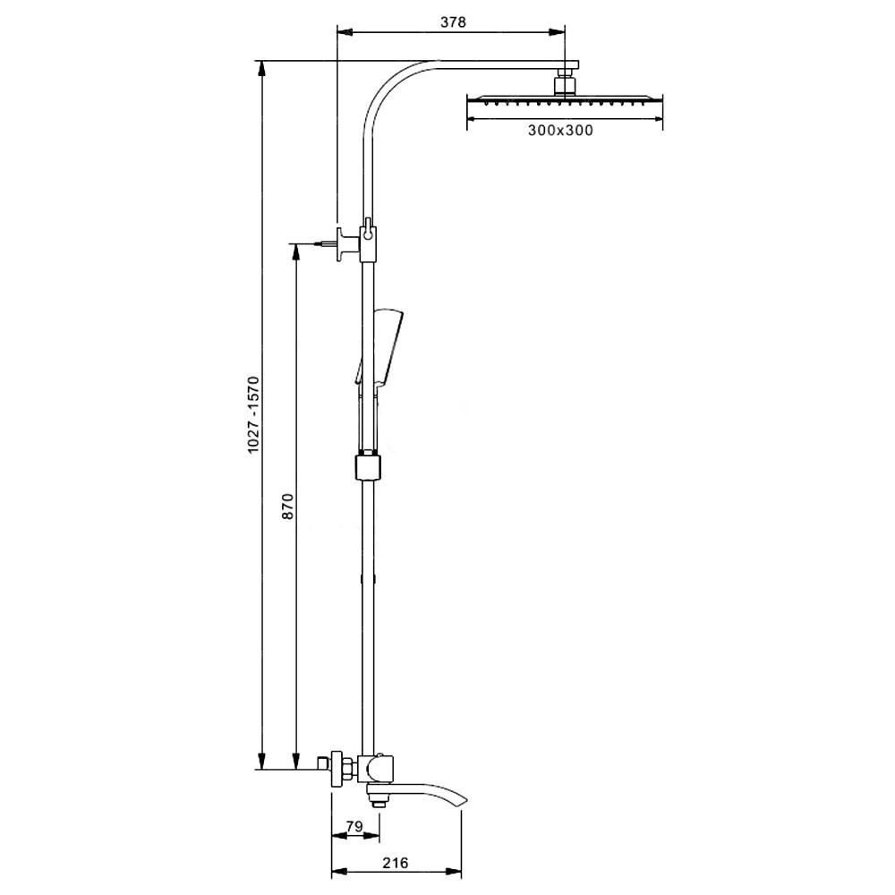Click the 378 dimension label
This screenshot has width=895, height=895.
[453, 22]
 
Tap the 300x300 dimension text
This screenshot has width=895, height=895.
[560, 131]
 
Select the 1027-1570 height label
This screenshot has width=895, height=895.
[253, 415]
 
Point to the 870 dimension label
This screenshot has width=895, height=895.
[287, 506]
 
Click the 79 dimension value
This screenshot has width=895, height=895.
[354, 826]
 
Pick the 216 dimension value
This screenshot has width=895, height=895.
[396, 863]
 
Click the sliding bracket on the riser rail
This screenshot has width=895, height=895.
[368, 467]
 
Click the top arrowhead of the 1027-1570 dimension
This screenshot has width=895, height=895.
[262, 69]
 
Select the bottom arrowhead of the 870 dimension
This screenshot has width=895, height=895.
[295, 760]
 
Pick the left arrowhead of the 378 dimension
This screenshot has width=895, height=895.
[345, 32]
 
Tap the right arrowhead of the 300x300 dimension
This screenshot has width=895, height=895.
[655, 119]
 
